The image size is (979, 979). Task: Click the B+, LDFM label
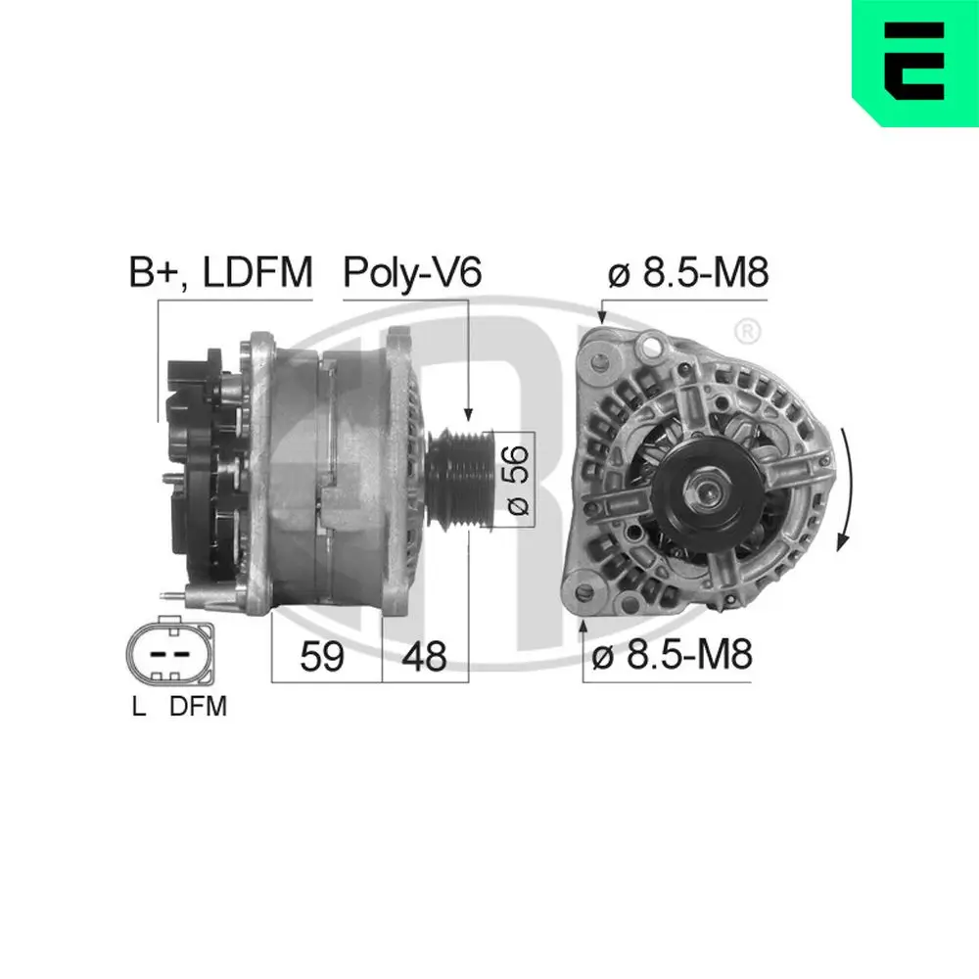click(x=220, y=273)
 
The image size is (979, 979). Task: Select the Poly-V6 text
click(x=412, y=273)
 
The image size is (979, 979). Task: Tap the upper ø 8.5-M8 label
click(x=687, y=273)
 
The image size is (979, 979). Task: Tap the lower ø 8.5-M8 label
click(x=671, y=655)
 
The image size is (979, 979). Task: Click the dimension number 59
click(x=322, y=657)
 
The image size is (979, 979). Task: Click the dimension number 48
click(x=423, y=657)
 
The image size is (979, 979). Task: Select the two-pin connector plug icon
click(x=168, y=653)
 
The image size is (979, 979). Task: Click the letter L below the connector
click(x=140, y=706)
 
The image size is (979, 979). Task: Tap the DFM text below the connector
click(x=198, y=706)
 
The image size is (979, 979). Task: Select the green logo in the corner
click(x=914, y=63)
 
